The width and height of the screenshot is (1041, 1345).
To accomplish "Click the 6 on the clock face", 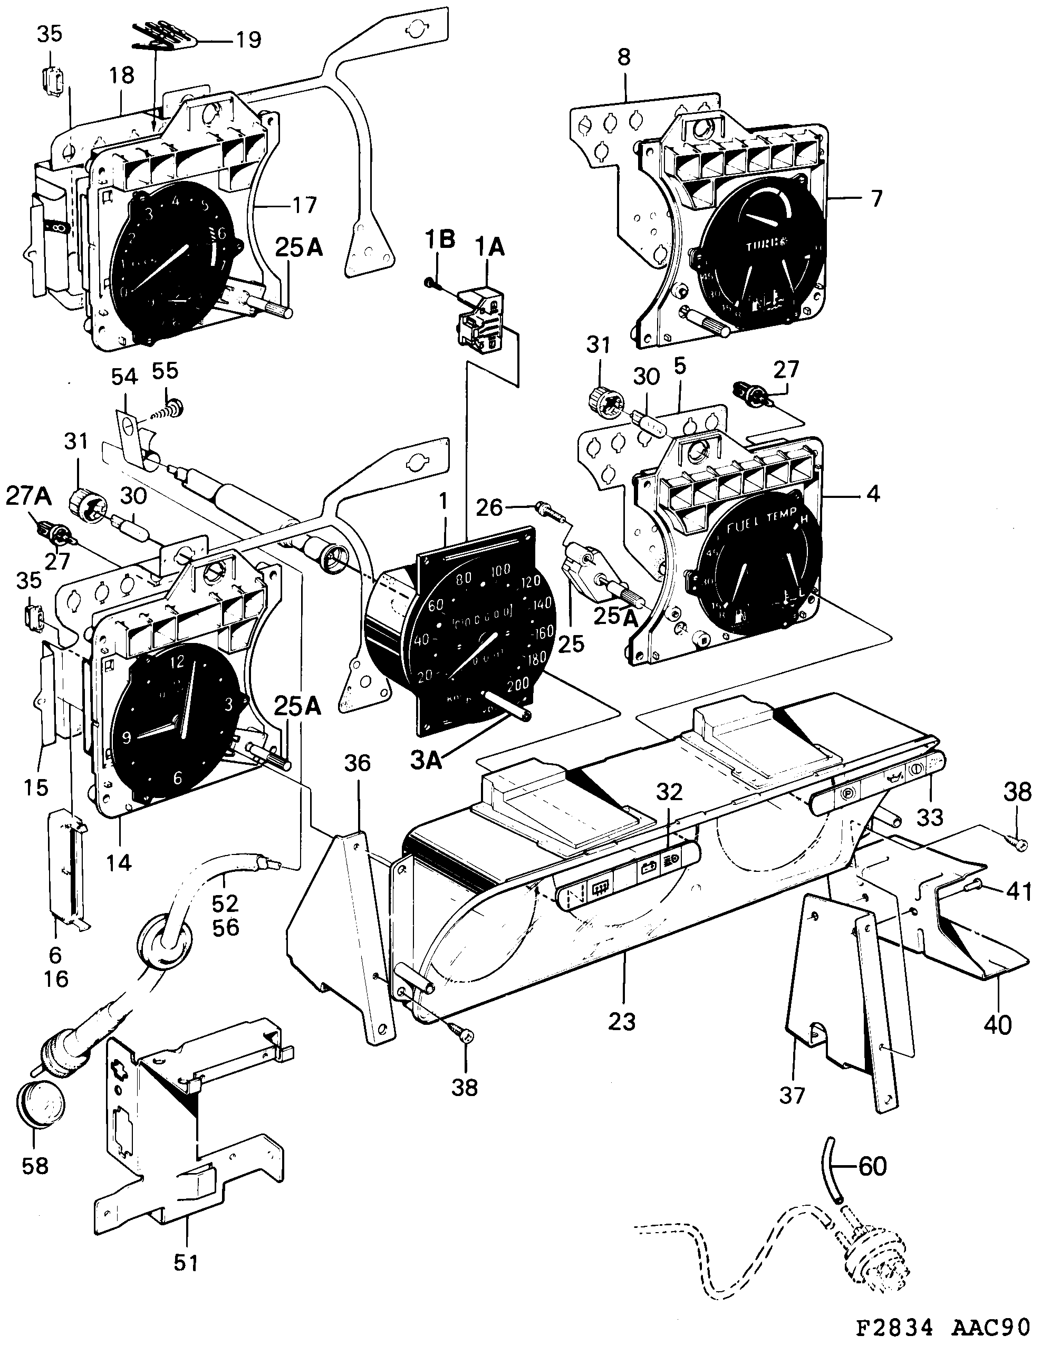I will point(178,779).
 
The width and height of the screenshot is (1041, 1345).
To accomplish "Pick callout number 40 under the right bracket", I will point(997,1025).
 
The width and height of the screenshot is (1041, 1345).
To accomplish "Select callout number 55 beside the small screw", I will point(165,371).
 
